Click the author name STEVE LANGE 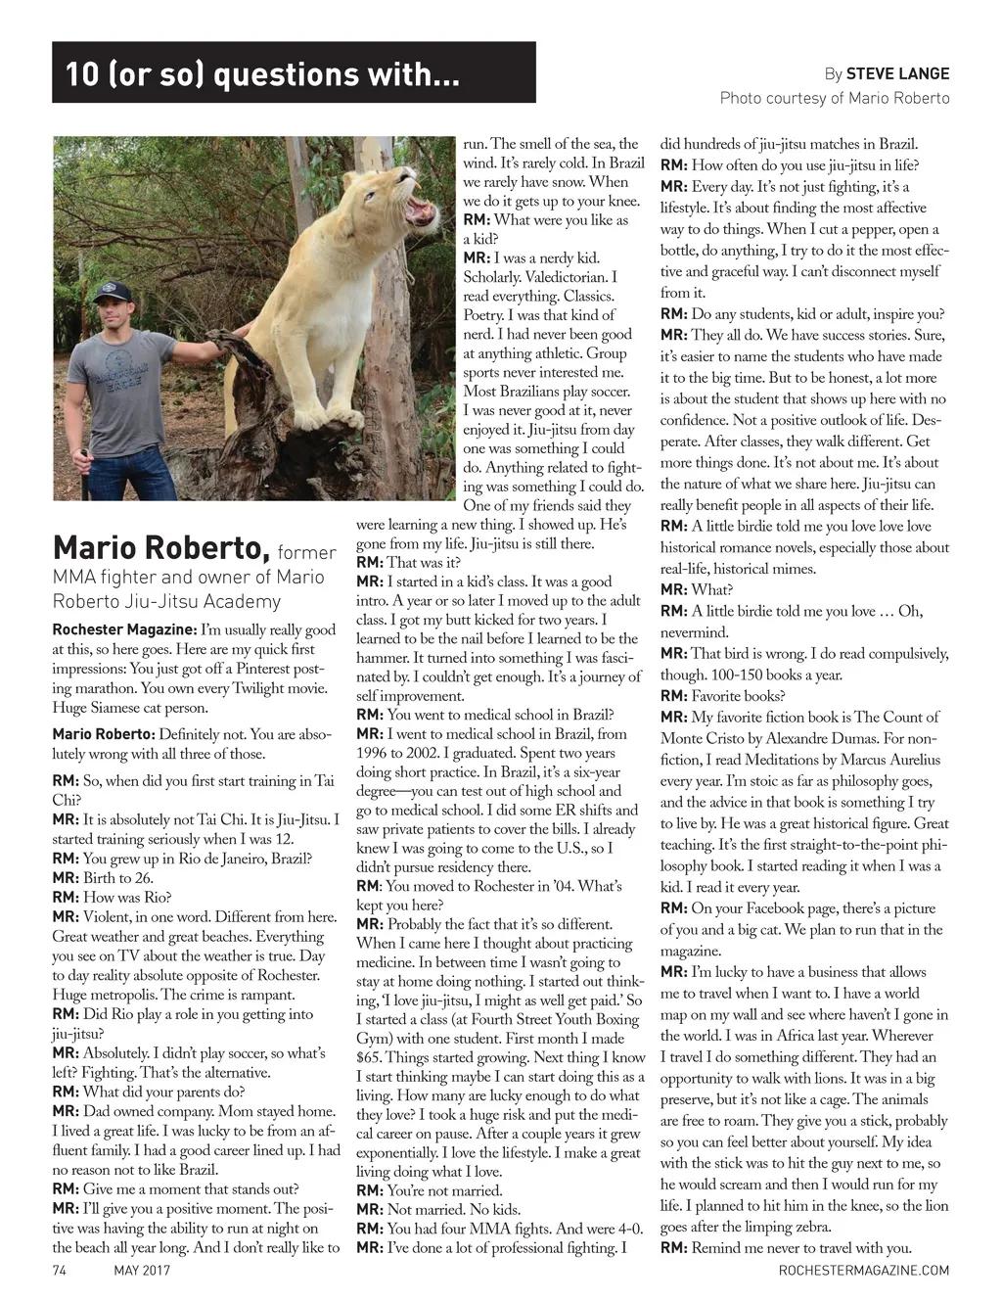897,73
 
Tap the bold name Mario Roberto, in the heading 161,545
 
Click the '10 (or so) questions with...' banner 294,72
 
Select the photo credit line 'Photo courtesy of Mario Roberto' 835,98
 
